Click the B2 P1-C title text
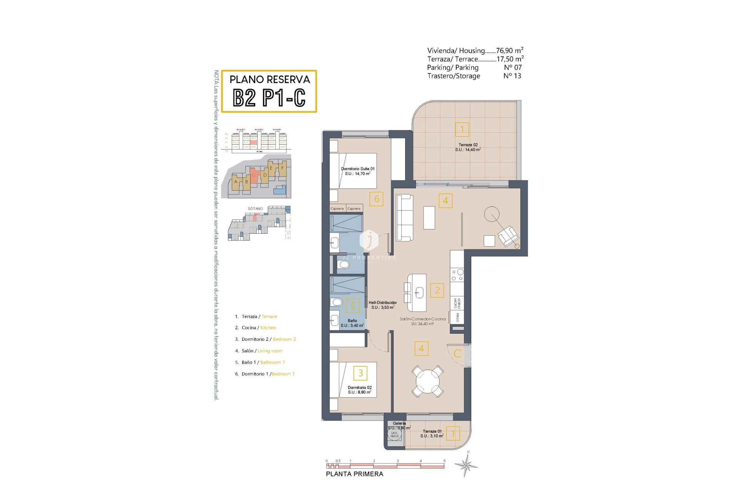(269, 98)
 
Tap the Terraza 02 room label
(468, 147)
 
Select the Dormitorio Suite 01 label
(357, 171)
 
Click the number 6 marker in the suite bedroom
(376, 199)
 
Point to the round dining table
(427, 381)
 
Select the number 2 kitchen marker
(437, 290)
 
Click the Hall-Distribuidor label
(382, 305)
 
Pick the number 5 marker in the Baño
(352, 306)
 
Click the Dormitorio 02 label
(359, 390)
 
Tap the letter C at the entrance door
(457, 354)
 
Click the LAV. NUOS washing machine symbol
(395, 435)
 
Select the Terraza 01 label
(432, 434)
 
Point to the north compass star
(466, 465)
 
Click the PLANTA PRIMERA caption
(354, 474)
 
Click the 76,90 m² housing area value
(509, 50)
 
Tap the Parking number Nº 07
(512, 68)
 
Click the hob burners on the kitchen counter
(457, 275)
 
